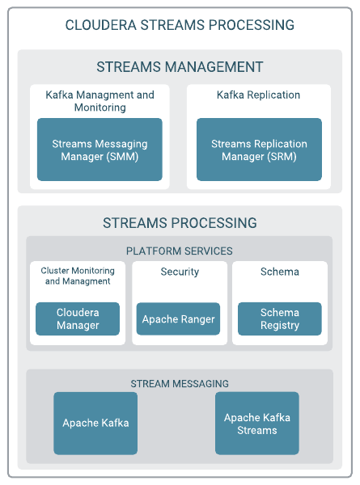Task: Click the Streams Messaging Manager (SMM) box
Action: point(100,150)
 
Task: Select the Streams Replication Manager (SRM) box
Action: point(259,150)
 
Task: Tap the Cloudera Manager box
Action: point(78,319)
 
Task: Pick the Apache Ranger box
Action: point(178,319)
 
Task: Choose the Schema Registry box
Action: point(280,319)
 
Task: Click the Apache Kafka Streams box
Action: point(257,424)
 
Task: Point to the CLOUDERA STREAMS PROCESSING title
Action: point(180,25)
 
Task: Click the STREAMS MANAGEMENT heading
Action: point(180,67)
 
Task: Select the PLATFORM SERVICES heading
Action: point(180,251)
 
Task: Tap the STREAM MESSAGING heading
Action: point(180,383)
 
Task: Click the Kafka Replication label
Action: point(258,95)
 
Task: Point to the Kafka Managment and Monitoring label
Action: point(100,101)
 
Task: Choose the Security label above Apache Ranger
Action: point(180,272)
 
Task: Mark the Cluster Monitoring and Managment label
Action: point(78,276)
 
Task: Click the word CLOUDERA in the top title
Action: point(101,25)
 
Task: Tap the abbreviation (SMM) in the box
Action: point(122,157)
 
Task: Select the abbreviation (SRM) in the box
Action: point(282,157)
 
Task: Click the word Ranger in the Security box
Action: point(198,319)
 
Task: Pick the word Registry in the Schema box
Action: point(280,326)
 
